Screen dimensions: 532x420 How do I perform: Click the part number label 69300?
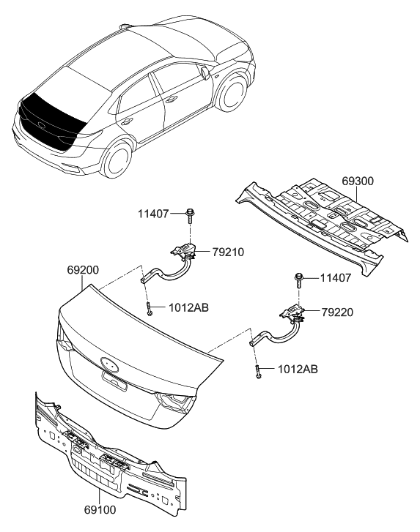[x=358, y=181]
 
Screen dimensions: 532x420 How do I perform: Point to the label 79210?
[x=227, y=252]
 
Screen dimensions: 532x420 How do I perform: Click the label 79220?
[x=338, y=312]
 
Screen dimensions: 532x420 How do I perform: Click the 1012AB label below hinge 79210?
[x=188, y=308]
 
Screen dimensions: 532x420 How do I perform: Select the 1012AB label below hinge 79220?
[x=298, y=370]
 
